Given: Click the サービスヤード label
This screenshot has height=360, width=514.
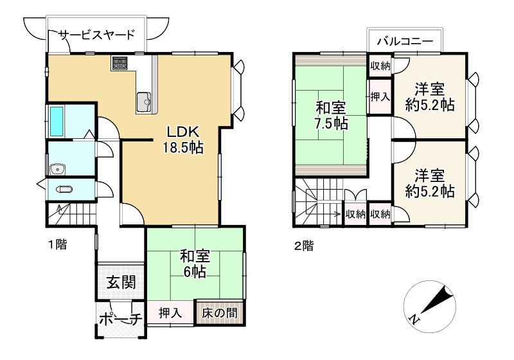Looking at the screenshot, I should tap(97, 35).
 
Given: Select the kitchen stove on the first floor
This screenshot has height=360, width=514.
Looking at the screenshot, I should tap(120, 63).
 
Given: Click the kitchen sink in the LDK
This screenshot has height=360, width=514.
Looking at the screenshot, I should tap(143, 100).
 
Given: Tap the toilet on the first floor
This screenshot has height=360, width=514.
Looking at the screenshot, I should tap(64, 190).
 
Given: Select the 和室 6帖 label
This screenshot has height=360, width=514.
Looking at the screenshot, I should tap(193, 264).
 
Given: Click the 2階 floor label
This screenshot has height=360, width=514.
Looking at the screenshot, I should tap(304, 246).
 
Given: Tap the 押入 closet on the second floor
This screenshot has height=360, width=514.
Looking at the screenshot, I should tap(380, 97).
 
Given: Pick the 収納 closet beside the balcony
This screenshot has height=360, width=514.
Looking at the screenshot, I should tap(380, 66).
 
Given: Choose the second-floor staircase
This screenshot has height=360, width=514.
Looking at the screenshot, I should tap(317, 203).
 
